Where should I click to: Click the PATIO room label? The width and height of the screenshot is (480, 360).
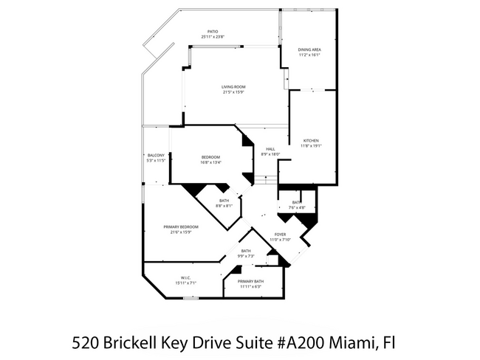point(212,32)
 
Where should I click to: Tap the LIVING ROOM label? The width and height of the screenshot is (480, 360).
point(233,87)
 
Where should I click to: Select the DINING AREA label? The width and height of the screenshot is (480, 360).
point(309,49)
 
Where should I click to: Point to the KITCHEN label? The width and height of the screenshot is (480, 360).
point(309,140)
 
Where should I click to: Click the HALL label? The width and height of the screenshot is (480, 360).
point(270,149)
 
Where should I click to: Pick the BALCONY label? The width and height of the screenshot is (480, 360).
point(155,155)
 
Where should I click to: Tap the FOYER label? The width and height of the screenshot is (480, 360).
point(281,235)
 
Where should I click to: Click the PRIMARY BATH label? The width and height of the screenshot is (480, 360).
point(250,281)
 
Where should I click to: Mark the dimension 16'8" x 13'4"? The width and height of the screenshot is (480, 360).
point(211,162)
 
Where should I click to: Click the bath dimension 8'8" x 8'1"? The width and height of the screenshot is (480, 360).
point(224,206)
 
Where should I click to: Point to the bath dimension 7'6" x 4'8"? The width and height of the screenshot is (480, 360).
point(295,207)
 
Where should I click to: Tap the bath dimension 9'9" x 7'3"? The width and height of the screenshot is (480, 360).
point(246,256)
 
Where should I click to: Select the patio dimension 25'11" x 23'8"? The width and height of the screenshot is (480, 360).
point(212,37)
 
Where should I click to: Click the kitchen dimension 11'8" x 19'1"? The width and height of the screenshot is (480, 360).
point(309,145)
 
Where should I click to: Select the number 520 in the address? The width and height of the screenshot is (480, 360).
point(86,342)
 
